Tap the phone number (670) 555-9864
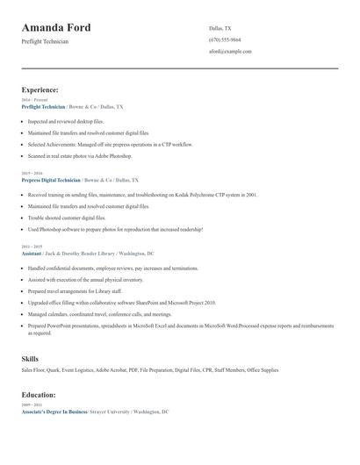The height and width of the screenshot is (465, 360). pyautogui.click(x=225, y=39)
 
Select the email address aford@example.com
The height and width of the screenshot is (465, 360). pyautogui.click(x=230, y=51)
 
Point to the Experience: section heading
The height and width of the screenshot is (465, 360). pyautogui.click(x=40, y=89)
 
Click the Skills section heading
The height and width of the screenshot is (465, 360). pyautogui.click(x=30, y=358)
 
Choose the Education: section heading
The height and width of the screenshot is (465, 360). pyautogui.click(x=40, y=395)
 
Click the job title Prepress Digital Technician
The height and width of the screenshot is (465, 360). pyautogui.click(x=51, y=179)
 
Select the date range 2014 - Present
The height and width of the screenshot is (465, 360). pyautogui.click(x=32, y=99)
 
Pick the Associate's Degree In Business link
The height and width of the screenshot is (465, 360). pyautogui.click(x=54, y=411)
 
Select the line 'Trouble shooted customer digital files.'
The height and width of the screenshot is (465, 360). pyautogui.click(x=67, y=218)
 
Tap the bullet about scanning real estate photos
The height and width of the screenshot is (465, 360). pyautogui.click(x=80, y=155)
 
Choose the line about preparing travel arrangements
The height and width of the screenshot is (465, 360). pyautogui.click(x=75, y=290)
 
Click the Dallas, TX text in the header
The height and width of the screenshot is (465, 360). pyautogui.click(x=220, y=28)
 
